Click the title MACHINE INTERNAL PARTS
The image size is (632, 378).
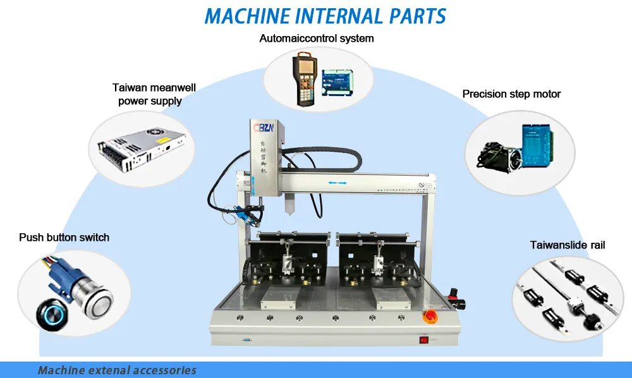pos(325,16)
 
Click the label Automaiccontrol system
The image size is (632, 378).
pos(317,39)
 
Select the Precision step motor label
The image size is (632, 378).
pos(511,94)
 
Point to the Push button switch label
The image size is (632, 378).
pos(64,238)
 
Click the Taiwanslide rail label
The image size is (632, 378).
pos(568,245)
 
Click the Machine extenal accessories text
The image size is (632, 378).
pos(117,370)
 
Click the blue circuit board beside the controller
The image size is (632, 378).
pos(334,82)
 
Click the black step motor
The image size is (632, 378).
pos(496,154)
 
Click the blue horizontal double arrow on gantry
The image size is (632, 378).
pos(337,183)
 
